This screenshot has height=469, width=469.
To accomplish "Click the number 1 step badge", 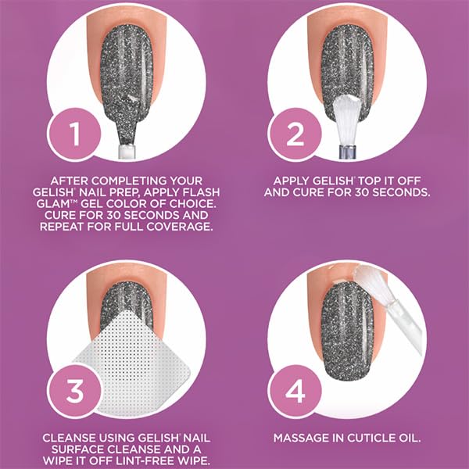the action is click(x=74, y=134).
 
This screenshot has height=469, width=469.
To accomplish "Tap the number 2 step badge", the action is click(x=295, y=134).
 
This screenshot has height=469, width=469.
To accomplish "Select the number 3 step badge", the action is click(x=74, y=391).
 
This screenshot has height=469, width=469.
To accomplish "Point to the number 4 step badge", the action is click(x=295, y=391).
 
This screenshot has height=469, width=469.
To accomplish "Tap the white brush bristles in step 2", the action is click(x=347, y=120).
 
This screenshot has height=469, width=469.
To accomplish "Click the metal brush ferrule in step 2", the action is click(x=348, y=152).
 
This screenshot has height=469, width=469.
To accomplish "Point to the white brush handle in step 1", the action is click(x=127, y=152).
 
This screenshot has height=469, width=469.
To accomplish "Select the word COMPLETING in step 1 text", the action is click(x=129, y=181).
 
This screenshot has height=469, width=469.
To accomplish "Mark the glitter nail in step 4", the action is click(x=347, y=332).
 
